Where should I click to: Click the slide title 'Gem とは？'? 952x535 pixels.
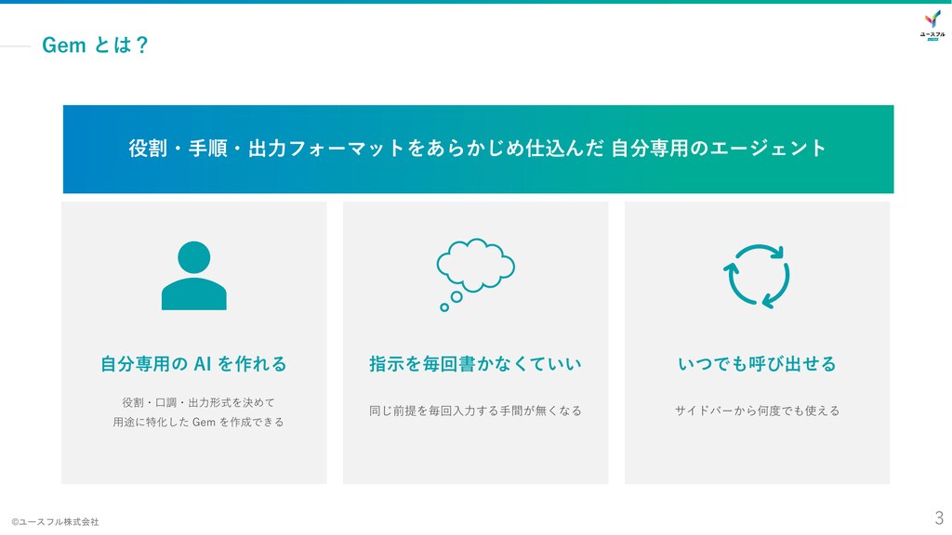(96, 45)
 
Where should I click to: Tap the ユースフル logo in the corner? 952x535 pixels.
(932, 25)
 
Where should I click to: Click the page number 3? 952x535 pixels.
(939, 517)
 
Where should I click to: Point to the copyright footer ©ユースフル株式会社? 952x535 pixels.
(55, 522)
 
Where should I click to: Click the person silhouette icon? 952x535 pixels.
(193, 276)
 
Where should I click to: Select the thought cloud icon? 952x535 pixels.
(475, 274)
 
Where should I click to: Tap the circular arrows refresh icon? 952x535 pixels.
(757, 276)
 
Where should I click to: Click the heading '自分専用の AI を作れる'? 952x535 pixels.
(193, 364)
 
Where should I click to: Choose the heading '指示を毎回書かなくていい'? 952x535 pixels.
(475, 364)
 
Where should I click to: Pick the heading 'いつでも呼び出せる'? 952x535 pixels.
(757, 364)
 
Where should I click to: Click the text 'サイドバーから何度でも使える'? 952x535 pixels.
(757, 411)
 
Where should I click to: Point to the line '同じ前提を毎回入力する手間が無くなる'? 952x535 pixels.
(475, 411)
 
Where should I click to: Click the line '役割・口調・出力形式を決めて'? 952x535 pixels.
(199, 402)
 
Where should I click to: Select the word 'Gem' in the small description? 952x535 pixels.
(204, 423)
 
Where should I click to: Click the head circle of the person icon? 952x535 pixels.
(193, 257)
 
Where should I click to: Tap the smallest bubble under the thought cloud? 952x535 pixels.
(444, 307)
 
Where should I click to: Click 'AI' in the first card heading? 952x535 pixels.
(202, 364)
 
